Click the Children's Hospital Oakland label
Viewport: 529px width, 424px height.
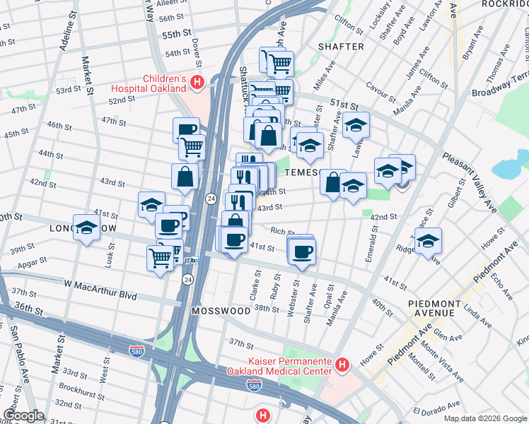tap(154, 83)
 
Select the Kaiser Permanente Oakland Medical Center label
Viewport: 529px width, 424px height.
tap(279, 365)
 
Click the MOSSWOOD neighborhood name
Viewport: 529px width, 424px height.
tap(221, 311)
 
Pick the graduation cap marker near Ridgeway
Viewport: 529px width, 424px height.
tap(428, 240)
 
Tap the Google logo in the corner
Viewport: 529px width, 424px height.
tap(23, 416)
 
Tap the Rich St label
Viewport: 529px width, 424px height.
tap(281, 231)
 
